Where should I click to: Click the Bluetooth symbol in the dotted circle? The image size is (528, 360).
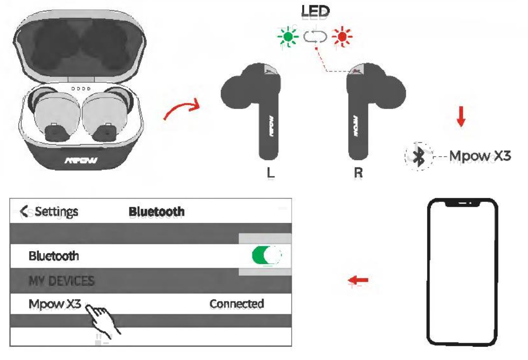click(x=419, y=157)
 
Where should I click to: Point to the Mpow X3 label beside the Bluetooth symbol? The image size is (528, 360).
click(x=480, y=157)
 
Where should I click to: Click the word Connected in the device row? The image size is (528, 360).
click(x=237, y=304)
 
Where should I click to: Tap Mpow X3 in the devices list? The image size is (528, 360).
click(x=55, y=304)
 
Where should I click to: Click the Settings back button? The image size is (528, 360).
click(x=49, y=212)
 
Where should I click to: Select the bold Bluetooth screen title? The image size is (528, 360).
click(x=156, y=212)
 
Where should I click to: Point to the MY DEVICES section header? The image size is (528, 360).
click(x=62, y=281)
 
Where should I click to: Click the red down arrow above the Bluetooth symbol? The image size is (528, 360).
click(x=461, y=117)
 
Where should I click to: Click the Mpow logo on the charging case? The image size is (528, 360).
click(x=81, y=161)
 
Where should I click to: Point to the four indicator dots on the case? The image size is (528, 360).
click(x=81, y=89)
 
